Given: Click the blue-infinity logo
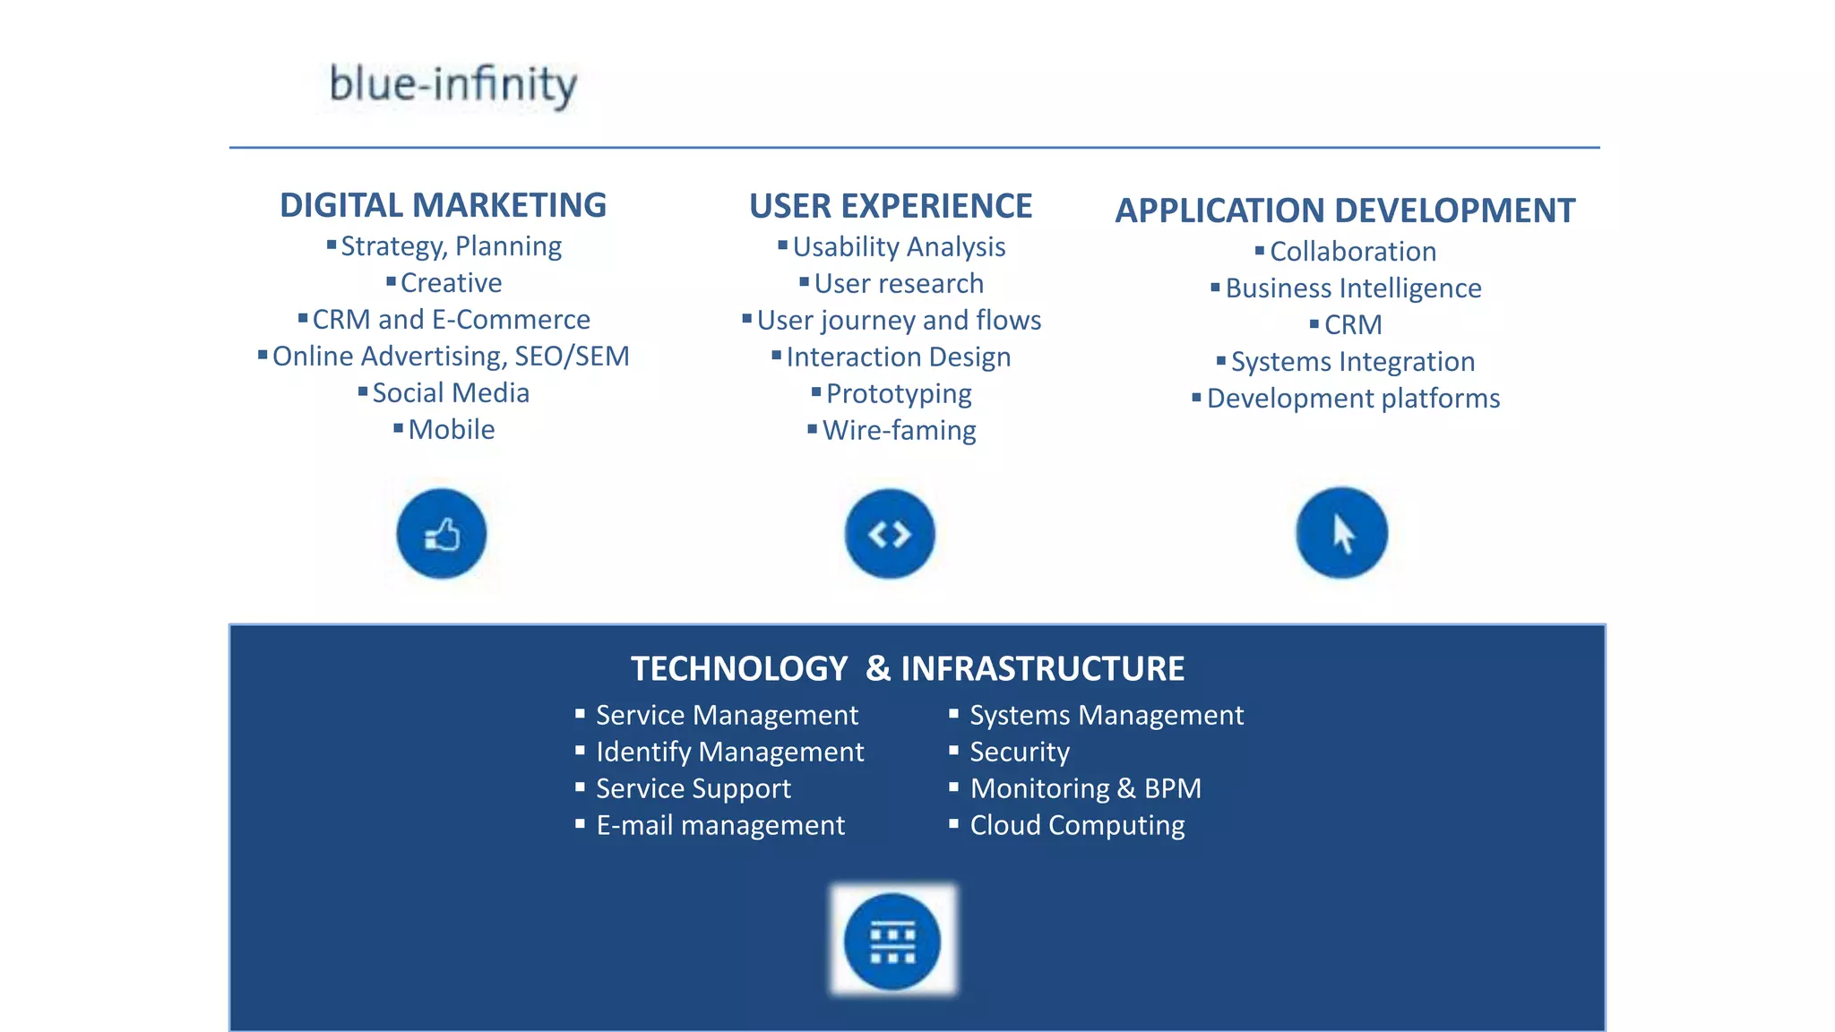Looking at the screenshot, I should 453,85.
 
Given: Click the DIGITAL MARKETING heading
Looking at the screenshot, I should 443,205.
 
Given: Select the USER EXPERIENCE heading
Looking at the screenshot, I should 891,206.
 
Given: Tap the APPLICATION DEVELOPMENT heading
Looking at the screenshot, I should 1345,211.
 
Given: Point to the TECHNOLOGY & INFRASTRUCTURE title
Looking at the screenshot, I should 907,668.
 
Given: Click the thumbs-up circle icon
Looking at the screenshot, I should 442,534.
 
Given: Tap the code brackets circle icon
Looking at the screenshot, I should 890,534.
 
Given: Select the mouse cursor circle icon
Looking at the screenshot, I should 1341,533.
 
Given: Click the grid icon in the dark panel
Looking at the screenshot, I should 892,942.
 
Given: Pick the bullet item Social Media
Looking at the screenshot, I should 451,392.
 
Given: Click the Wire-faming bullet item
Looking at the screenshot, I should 899,430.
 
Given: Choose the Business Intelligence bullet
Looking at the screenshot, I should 1353,288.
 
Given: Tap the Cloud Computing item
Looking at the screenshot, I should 1077,824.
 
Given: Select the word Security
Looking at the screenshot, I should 1020,752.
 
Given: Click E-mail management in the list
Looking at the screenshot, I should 720,824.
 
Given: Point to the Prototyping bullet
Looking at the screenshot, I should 899,393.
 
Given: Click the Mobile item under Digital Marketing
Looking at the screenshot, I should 451,429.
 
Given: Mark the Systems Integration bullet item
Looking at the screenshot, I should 1352,361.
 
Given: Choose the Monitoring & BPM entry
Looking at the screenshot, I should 1085,788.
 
